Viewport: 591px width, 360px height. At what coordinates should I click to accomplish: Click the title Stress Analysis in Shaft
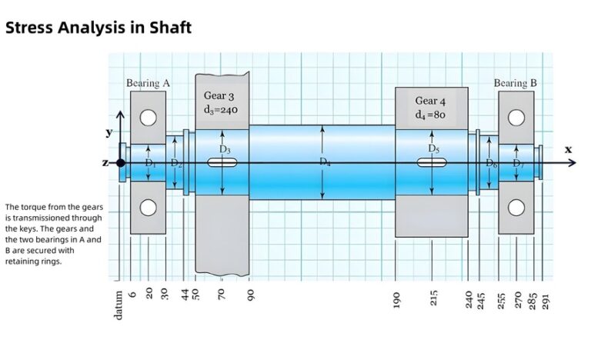point(98,28)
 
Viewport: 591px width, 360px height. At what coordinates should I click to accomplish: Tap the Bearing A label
point(148,83)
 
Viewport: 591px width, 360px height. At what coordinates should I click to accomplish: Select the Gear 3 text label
point(220,95)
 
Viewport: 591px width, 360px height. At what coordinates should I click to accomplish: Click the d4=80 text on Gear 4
point(430,115)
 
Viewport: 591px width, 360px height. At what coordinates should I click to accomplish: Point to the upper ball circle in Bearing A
point(148,118)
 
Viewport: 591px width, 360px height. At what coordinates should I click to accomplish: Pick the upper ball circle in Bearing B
point(516,118)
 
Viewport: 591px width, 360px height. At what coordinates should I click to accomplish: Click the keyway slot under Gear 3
point(222,162)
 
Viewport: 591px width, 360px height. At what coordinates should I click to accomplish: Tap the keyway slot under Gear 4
point(432,162)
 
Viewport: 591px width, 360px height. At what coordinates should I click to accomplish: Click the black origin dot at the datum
point(121,162)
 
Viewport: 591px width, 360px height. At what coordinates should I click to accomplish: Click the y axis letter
point(109,133)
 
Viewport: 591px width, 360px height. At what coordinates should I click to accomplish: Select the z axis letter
point(105,163)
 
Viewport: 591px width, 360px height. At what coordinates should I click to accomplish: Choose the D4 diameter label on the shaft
point(324,161)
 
